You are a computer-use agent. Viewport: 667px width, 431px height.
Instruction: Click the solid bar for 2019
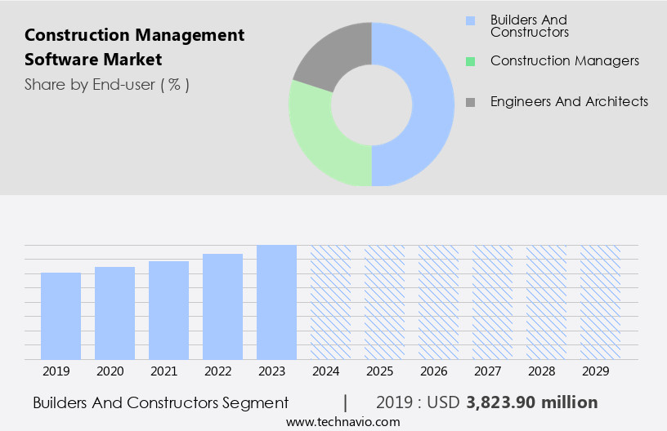pyautogui.click(x=60, y=316)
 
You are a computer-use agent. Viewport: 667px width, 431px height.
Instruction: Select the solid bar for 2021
pyautogui.click(x=168, y=310)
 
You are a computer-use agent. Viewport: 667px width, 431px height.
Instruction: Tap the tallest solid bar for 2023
pyautogui.click(x=276, y=302)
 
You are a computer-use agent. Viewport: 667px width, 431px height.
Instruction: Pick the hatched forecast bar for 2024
pyautogui.click(x=330, y=302)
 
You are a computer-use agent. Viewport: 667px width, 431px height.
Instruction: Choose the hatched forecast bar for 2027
pyautogui.click(x=492, y=302)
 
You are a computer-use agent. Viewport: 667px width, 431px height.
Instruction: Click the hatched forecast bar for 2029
pyautogui.click(x=600, y=302)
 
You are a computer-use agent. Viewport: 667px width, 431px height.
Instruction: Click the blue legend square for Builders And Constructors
pyautogui.click(x=470, y=20)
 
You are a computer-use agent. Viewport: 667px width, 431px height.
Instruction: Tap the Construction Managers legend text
pyautogui.click(x=564, y=61)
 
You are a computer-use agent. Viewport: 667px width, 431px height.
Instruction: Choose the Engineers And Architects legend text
pyautogui.click(x=569, y=102)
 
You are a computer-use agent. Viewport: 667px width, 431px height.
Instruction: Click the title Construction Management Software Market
pyautogui.click(x=134, y=47)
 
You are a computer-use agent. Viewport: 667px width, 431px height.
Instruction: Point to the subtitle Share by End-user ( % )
pyautogui.click(x=106, y=84)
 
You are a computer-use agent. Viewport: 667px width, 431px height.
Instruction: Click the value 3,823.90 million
pyautogui.click(x=531, y=402)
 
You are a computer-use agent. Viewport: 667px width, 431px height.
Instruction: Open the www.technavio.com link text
pyautogui.click(x=342, y=421)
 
